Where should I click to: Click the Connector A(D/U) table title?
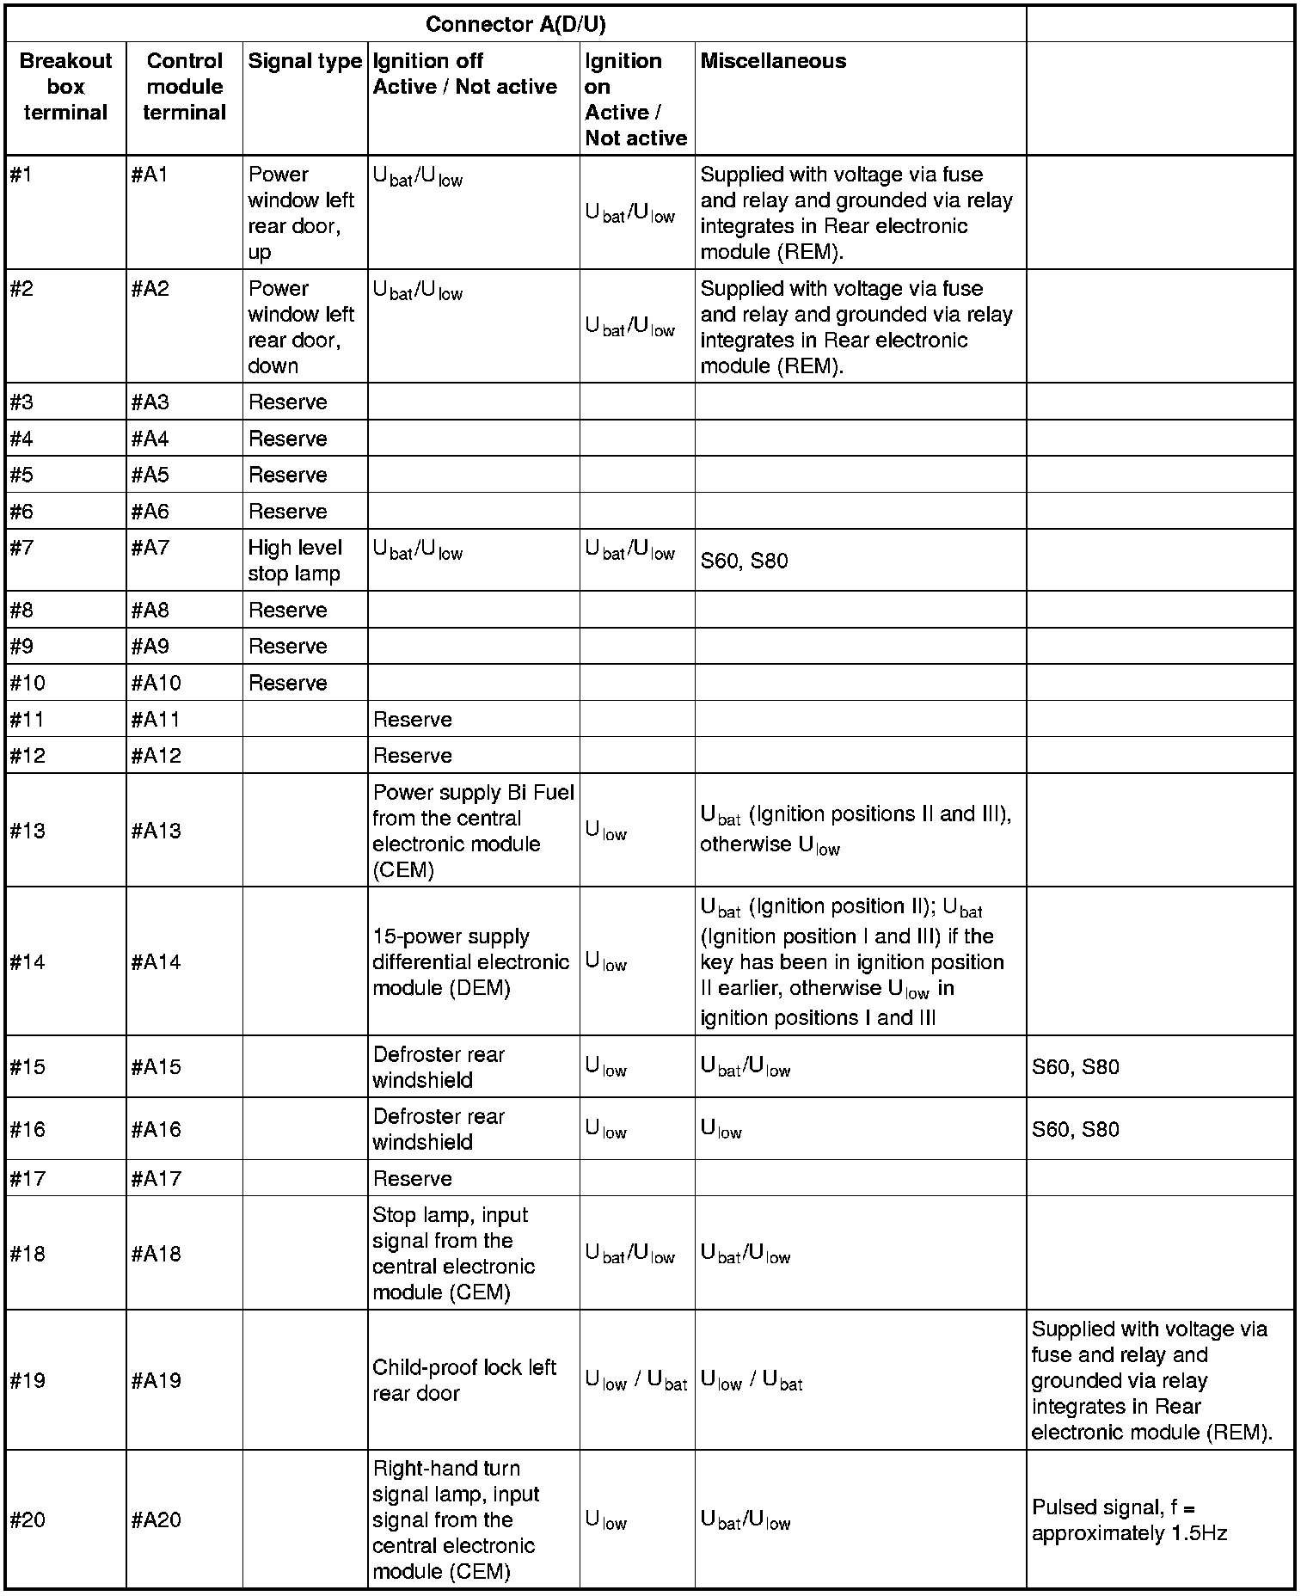coord(515,25)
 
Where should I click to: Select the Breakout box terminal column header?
coord(65,87)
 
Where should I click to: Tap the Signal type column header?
coord(304,62)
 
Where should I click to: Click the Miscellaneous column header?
coord(773,62)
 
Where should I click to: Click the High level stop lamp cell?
coord(295,561)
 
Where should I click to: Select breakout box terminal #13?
coord(28,831)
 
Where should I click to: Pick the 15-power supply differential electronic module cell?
coord(470,961)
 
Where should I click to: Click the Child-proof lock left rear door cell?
coord(464,1380)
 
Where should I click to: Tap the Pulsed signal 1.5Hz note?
coord(1128,1519)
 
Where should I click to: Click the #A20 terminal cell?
coord(156,1519)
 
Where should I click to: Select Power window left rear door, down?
coord(301,327)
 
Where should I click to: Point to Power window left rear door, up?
coord(301,212)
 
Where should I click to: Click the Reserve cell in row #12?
coord(413,756)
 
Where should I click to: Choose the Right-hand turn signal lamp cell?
coord(456,1519)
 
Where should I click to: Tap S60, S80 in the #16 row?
coord(1075,1129)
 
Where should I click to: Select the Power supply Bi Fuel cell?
coord(473,831)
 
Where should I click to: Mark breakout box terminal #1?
coord(21,175)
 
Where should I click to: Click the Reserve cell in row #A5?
coord(288,476)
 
